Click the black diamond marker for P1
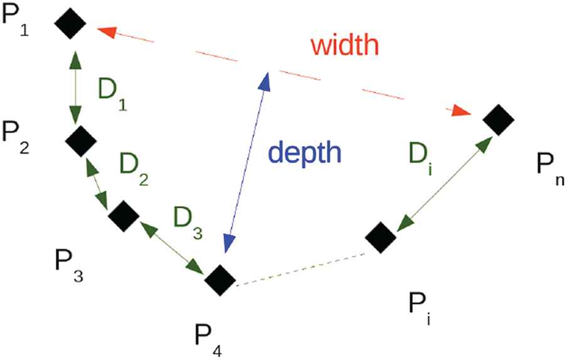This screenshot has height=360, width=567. (x=70, y=24)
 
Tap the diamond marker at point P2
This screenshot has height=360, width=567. (x=80, y=141)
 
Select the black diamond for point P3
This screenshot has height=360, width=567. (x=123, y=216)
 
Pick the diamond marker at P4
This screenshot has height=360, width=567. (x=220, y=280)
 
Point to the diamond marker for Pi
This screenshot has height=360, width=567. (x=381, y=237)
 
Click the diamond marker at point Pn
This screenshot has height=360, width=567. (x=499, y=119)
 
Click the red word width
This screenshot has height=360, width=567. (x=344, y=45)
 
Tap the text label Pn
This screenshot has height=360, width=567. (x=551, y=168)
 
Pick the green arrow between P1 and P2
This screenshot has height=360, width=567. (x=75, y=87)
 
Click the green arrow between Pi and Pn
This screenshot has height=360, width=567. (x=445, y=183)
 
